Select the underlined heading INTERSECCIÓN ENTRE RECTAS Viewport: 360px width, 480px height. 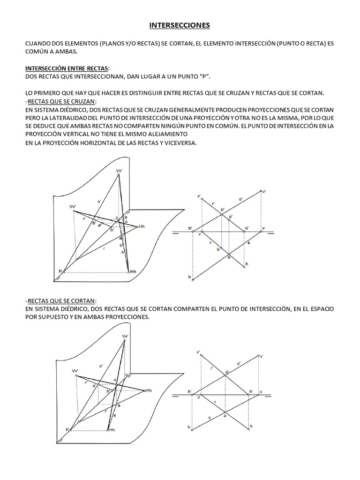(67, 69)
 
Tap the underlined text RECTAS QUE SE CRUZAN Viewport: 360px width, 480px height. (61, 102)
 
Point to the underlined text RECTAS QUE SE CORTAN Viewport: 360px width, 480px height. (61, 300)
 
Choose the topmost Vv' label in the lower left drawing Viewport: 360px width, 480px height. (125, 337)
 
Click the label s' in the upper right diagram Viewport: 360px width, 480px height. (241, 199)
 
